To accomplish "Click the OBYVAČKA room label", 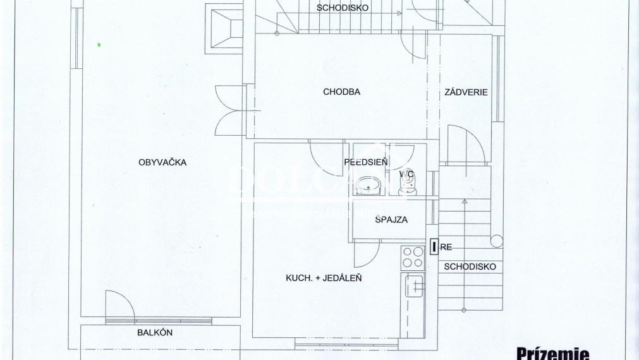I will pos(162,162).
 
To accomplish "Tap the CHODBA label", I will pos(341,92).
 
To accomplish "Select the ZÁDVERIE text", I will pos(466,92).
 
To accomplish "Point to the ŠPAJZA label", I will pos(391,220).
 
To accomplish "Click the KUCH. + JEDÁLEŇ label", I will pos(324,277).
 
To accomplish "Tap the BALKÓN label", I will pos(155,333).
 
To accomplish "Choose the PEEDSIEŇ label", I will pos(366,162).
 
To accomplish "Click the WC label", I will pos(406,173).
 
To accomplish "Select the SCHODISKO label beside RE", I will pos(470,267).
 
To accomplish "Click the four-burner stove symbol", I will pos(413,256).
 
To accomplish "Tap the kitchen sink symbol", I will pos(415,287).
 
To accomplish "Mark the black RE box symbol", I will pos(434,247).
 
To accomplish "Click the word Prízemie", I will pos(553,353).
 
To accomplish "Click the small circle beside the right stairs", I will pos(497,241).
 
